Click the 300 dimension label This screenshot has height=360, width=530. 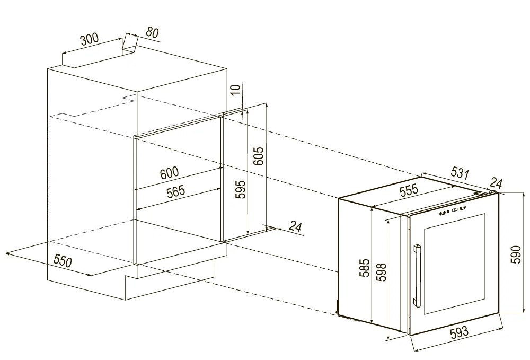(89, 40)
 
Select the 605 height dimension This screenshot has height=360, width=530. (259, 156)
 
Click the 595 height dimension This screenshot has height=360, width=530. (240, 189)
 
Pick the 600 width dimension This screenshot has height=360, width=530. (169, 173)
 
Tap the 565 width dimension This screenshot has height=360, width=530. (176, 191)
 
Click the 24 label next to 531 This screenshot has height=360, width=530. (496, 183)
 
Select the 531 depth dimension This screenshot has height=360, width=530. (460, 173)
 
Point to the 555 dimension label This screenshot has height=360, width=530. (409, 190)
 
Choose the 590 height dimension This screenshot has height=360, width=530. (517, 254)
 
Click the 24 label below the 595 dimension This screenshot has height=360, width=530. (295, 227)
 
